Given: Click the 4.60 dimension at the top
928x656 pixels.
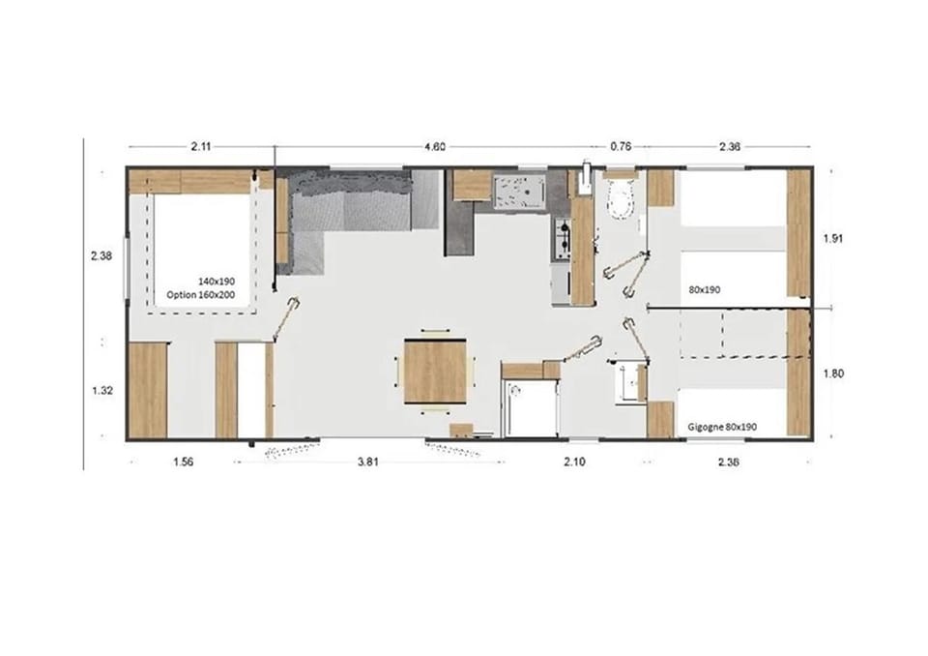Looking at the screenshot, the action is pyautogui.click(x=435, y=146).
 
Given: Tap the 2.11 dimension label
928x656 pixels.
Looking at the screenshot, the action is pyautogui.click(x=201, y=146).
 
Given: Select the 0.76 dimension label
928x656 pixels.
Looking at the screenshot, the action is pyautogui.click(x=621, y=146).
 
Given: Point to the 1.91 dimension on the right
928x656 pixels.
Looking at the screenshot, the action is pyautogui.click(x=833, y=239).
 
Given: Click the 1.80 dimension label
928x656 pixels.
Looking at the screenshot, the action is pyautogui.click(x=833, y=373).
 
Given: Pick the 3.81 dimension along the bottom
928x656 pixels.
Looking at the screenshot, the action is pyautogui.click(x=368, y=462).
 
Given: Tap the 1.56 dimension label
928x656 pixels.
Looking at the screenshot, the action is pyautogui.click(x=183, y=462).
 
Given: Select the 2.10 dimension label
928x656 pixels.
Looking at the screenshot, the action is pyautogui.click(x=574, y=462).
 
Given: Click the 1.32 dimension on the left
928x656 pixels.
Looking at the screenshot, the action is pyautogui.click(x=102, y=391).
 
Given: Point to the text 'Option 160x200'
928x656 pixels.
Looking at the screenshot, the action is pyautogui.click(x=201, y=294).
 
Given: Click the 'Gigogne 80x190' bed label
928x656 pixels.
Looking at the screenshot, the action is pyautogui.click(x=723, y=427).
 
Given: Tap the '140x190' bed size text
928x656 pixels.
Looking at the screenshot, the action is pyautogui.click(x=217, y=282).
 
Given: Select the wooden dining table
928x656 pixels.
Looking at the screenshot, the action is pyautogui.click(x=435, y=371).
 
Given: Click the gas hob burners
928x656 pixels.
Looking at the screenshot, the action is pyautogui.click(x=562, y=235).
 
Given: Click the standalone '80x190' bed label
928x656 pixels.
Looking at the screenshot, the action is pyautogui.click(x=705, y=289).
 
